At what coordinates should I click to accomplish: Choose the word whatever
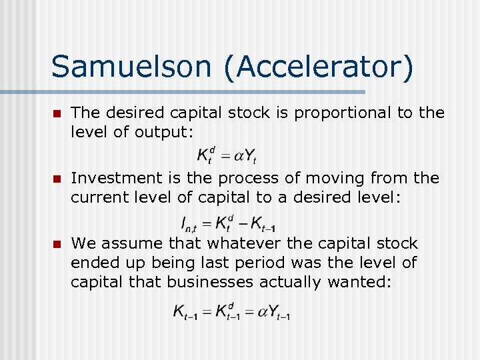pos(250,243)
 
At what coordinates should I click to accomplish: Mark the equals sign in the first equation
pos(227,155)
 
